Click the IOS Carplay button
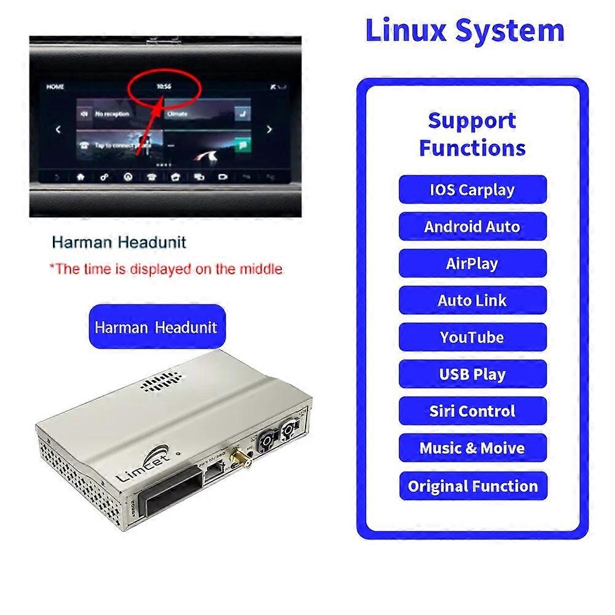tap(472, 189)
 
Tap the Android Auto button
tap(472, 226)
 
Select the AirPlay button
tap(472, 263)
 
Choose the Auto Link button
tap(472, 300)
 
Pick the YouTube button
tap(472, 337)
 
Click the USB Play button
tap(472, 374)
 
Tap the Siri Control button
tap(472, 411)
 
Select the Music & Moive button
tap(472, 448)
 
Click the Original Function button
tap(472, 486)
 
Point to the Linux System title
tap(465, 31)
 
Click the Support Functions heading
tap(472, 134)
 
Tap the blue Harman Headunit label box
tap(156, 327)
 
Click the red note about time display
tap(166, 269)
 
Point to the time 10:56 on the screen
tap(164, 87)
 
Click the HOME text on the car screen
tap(55, 87)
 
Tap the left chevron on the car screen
tap(58, 130)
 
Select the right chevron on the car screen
tap(269, 130)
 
